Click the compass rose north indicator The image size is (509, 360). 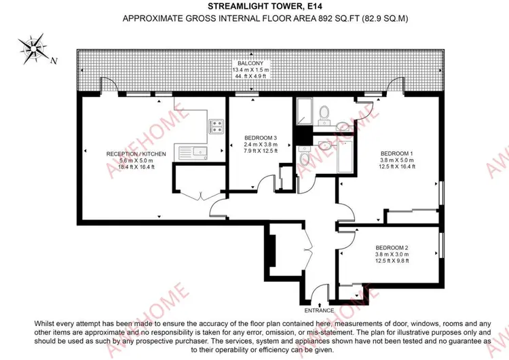pos(33,49)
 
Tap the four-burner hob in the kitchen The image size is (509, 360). pos(216,126)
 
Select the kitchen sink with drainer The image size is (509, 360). pos(193,153)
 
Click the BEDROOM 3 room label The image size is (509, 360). pos(261,138)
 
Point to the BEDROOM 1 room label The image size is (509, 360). pos(397,154)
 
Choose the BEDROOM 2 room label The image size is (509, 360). pos(392,247)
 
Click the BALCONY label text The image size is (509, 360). pos(250,63)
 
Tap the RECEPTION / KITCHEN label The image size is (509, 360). pos(136,154)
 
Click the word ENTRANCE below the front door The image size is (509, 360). pos(319,310)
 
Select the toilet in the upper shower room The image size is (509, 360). pos(324,114)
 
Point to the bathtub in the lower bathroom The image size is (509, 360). pos(345,157)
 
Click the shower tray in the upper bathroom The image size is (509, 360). pos(304,111)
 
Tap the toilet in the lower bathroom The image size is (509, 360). pos(305,156)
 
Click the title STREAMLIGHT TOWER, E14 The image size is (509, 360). pos(265,6)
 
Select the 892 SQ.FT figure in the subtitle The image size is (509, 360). pos(337,18)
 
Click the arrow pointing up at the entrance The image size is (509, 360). pos(320,305)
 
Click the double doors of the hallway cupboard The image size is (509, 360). pos(308,249)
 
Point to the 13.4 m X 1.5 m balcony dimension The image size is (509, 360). pos(250,70)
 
